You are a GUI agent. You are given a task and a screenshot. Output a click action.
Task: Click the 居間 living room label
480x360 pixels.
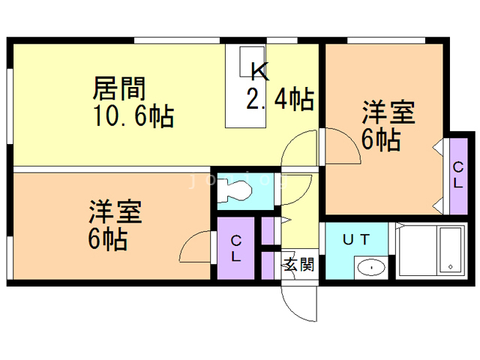click(x=119, y=88)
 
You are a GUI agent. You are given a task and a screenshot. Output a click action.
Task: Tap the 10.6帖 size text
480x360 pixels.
click(x=134, y=116)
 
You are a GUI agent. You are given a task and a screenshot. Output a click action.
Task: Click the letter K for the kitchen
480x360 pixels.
click(x=260, y=71)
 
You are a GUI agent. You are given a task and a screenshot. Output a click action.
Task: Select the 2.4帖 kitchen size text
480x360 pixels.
click(x=280, y=98)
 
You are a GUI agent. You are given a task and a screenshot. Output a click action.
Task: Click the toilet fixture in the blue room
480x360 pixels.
click(x=235, y=191)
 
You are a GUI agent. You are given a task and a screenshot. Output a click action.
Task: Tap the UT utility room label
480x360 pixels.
click(x=356, y=239)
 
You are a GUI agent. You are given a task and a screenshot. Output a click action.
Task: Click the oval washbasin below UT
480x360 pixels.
click(x=371, y=268)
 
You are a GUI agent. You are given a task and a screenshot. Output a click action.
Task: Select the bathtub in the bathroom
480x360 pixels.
click(x=450, y=250)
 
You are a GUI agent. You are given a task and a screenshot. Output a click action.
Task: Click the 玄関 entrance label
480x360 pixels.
click(x=299, y=264)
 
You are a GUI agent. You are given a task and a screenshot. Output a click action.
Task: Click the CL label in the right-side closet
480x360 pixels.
click(x=458, y=175)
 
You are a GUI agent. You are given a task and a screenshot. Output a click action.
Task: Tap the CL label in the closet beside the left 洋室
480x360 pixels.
click(x=235, y=248)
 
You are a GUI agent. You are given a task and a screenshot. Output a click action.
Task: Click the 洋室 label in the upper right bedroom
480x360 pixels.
click(x=388, y=112)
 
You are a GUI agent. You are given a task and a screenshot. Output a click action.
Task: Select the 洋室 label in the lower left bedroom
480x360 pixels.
click(x=115, y=211)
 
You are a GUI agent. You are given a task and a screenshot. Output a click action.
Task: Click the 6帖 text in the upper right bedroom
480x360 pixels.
click(x=381, y=139)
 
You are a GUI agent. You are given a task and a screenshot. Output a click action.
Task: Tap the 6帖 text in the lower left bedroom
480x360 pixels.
click(x=108, y=239)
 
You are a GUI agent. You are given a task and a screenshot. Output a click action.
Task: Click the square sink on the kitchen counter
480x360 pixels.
click(x=252, y=61)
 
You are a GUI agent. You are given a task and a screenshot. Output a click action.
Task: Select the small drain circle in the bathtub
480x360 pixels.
click(x=450, y=267)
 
